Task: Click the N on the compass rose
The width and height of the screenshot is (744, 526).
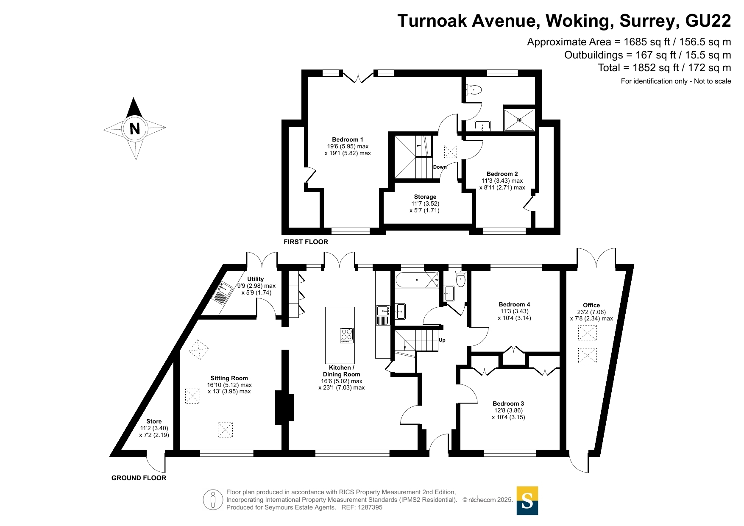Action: click(x=135, y=128)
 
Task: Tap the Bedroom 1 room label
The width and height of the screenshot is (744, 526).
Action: click(x=348, y=139)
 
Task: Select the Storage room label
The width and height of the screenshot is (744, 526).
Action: click(x=425, y=197)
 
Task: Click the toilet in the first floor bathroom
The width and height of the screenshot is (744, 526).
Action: click(x=474, y=90)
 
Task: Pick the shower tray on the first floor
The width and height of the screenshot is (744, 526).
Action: click(x=519, y=120)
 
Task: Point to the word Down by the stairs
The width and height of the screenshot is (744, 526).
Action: click(x=440, y=167)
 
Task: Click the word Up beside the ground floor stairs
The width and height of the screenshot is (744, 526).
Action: click(x=442, y=340)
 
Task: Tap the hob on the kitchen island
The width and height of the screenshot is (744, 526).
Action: click(x=347, y=335)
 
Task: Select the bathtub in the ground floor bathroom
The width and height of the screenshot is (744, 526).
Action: click(x=417, y=280)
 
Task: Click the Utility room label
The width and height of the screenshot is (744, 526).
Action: click(x=256, y=279)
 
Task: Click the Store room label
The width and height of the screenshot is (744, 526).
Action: click(x=154, y=421)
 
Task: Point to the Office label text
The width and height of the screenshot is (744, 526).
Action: click(x=591, y=305)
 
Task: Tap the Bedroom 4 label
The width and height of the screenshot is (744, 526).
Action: click(x=514, y=304)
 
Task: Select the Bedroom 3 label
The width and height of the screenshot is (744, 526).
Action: click(x=508, y=404)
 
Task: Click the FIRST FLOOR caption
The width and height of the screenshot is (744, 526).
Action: click(x=306, y=242)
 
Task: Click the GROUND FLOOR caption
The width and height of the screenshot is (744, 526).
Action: click(x=139, y=478)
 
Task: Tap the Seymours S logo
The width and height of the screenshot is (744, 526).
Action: click(x=527, y=501)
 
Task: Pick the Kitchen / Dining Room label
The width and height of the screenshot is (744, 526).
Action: click(x=342, y=371)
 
